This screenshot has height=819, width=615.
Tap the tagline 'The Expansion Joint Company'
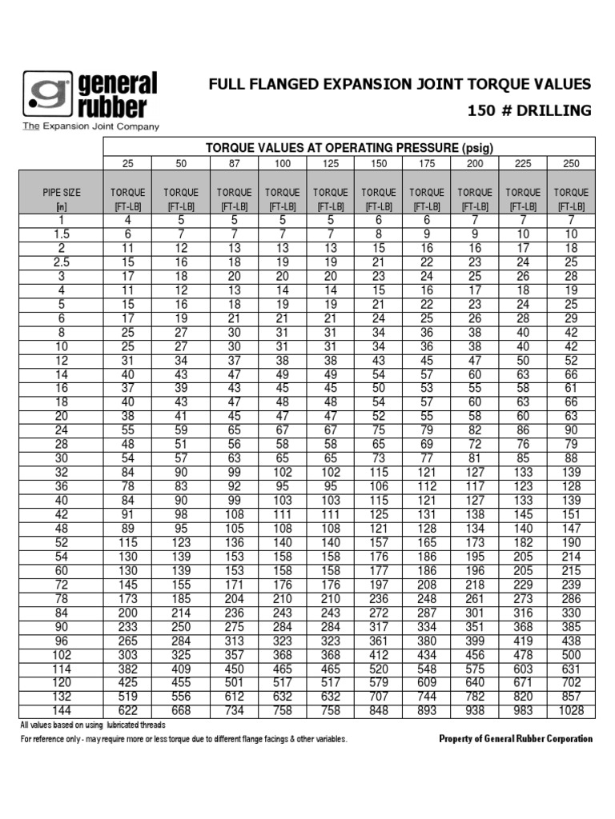(x=90, y=126)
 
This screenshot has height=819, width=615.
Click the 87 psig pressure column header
(x=234, y=163)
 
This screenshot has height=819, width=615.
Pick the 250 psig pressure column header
(x=571, y=163)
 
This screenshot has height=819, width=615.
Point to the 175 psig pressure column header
(x=427, y=163)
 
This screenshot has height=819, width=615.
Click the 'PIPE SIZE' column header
(x=62, y=192)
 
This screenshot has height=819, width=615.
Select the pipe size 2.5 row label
(x=62, y=262)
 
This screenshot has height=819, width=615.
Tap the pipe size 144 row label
(x=62, y=710)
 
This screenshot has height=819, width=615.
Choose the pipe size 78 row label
(x=62, y=598)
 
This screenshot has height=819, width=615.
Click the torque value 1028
(x=571, y=710)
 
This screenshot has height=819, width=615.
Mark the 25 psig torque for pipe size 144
(x=128, y=710)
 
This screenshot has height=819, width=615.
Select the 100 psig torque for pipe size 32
(x=283, y=472)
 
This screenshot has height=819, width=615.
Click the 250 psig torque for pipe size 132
(x=571, y=697)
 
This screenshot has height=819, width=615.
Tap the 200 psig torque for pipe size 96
(x=475, y=641)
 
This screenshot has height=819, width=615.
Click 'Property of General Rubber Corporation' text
(x=517, y=739)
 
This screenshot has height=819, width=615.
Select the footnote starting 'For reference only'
(x=183, y=739)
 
